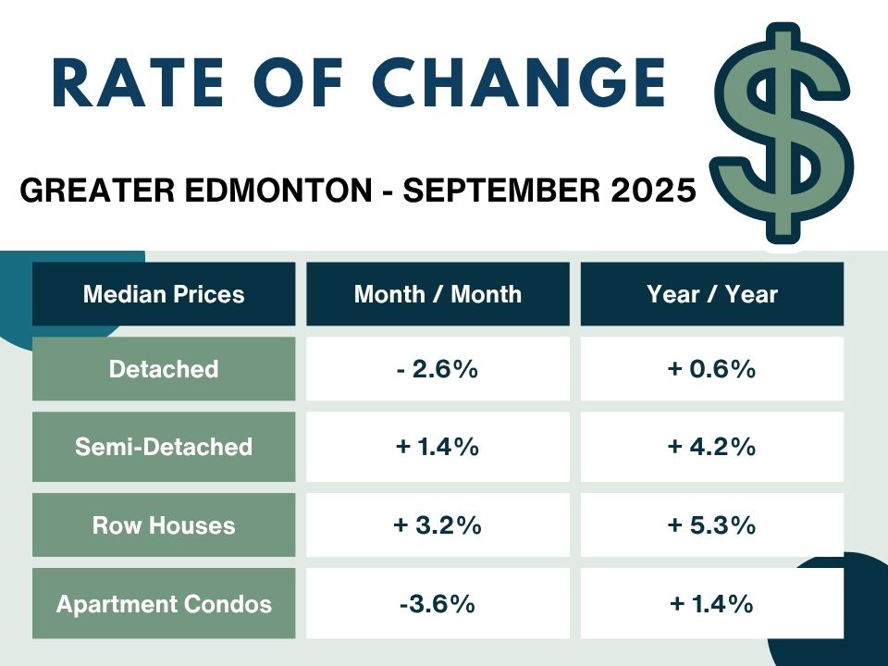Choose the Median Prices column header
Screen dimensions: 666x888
[164, 294]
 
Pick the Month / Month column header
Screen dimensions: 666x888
[438, 294]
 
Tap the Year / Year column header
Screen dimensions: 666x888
[712, 294]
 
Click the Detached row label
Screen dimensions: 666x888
[164, 369]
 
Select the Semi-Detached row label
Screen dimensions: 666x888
[164, 447]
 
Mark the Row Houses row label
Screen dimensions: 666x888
[164, 525]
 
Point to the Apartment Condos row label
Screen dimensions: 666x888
[164, 604]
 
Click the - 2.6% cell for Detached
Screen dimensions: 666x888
[438, 369]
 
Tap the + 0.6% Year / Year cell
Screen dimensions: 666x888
[712, 369]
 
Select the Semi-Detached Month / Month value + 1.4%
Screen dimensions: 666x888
[438, 447]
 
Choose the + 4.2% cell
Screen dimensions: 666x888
[712, 447]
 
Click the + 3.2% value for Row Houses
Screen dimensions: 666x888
[438, 525]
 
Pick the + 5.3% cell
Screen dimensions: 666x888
[712, 525]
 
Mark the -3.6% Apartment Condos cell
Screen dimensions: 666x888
[438, 604]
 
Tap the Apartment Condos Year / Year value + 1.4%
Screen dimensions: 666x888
[712, 604]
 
